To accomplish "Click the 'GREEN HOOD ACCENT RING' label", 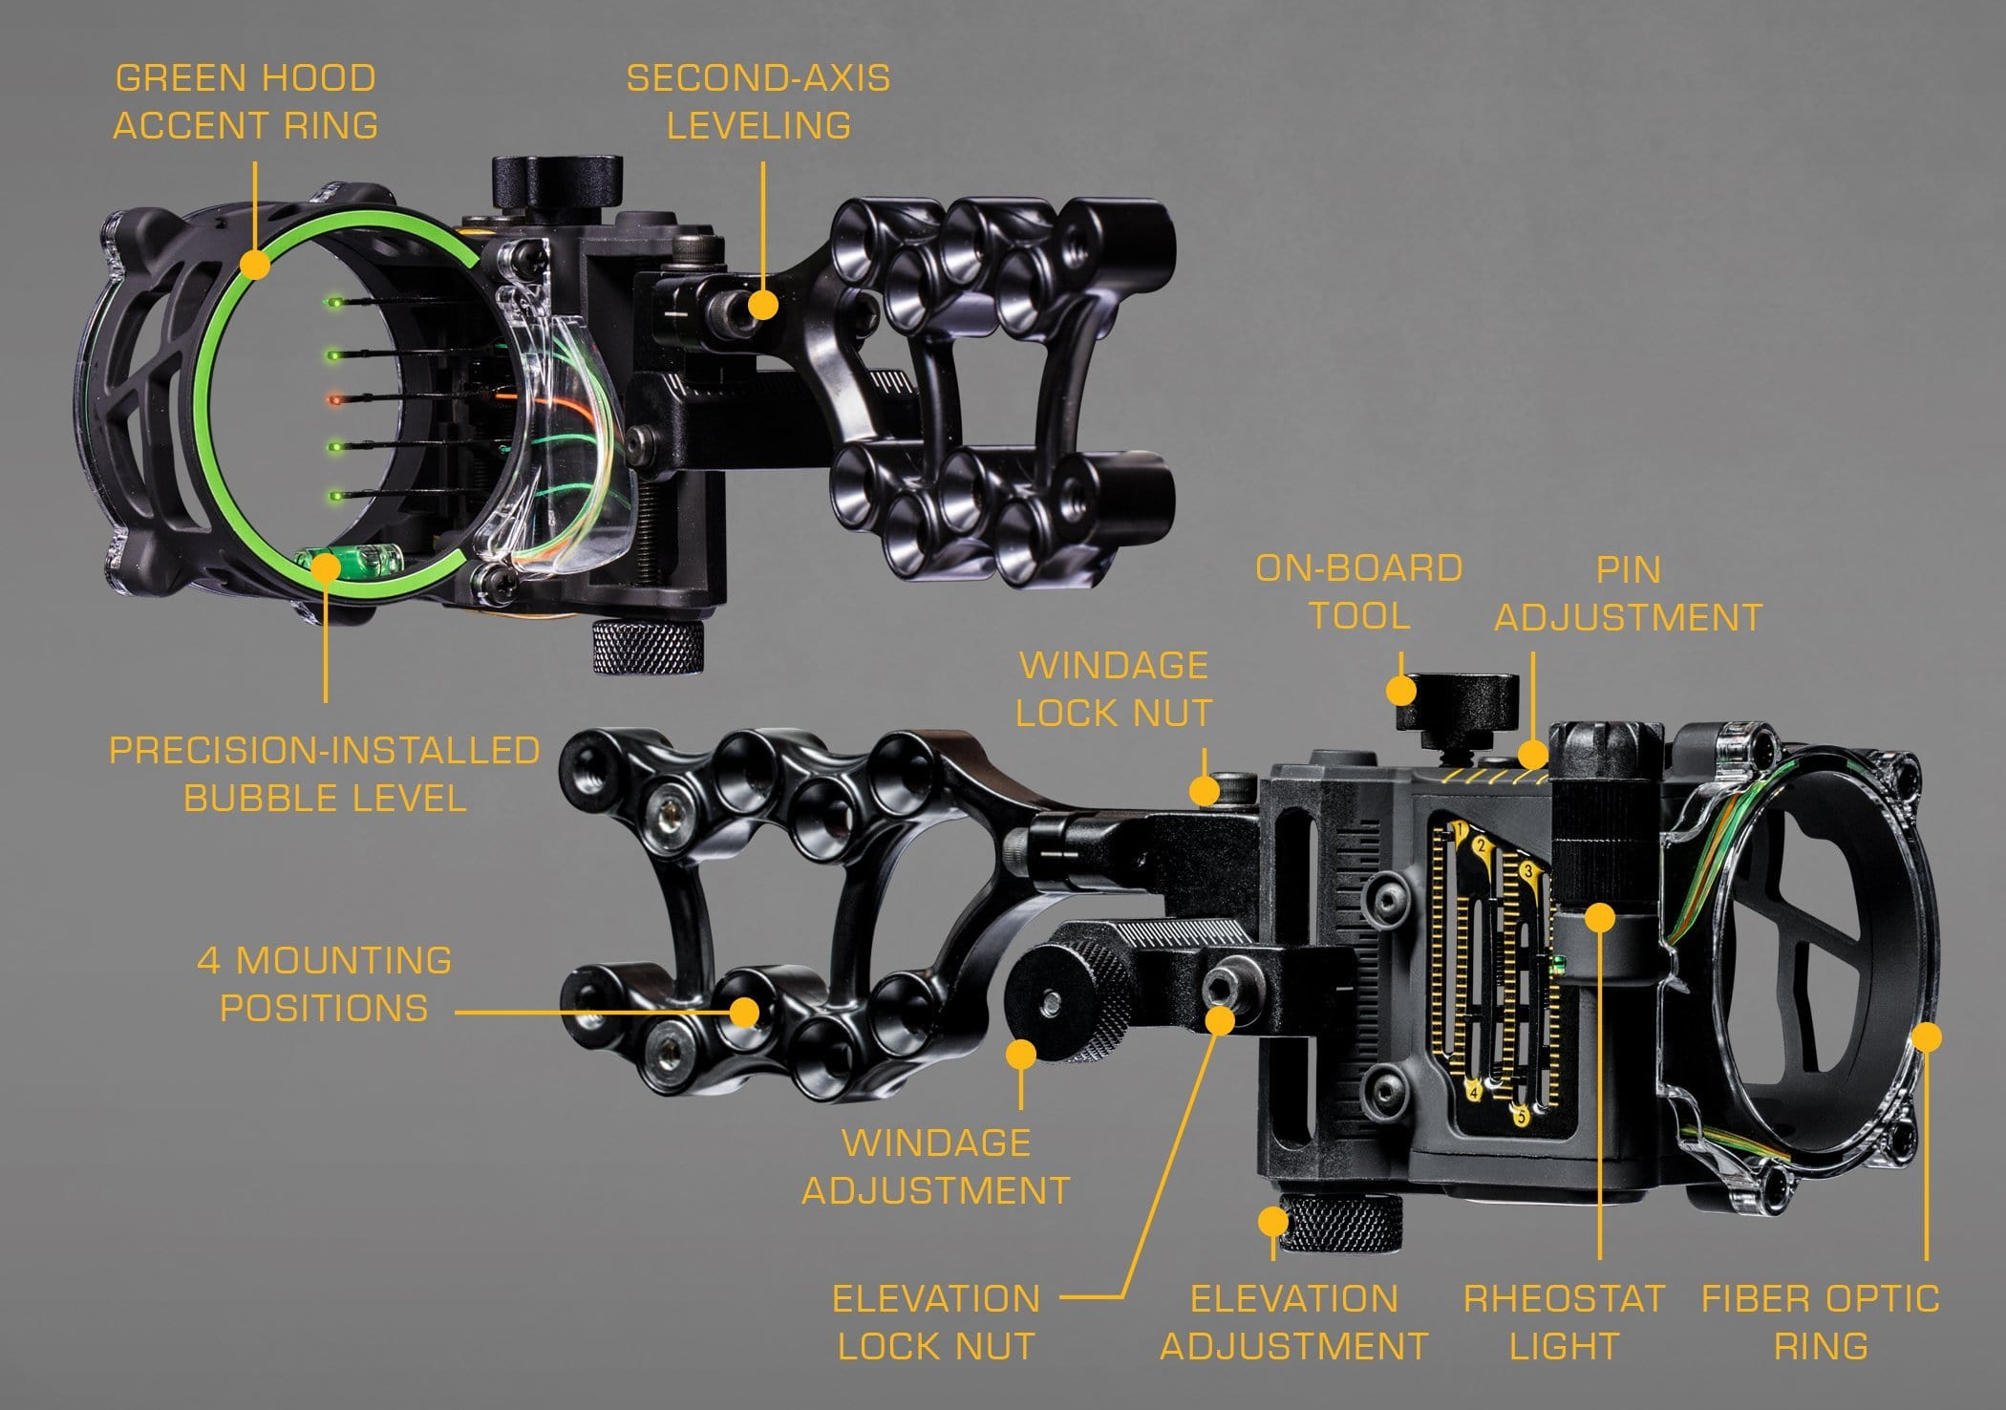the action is click(x=245, y=101).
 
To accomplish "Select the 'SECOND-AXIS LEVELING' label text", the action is click(x=758, y=101).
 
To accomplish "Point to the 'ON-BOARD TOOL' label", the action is click(x=1359, y=591).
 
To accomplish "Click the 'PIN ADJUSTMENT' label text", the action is click(x=1629, y=593).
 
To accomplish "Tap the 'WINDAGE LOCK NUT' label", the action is click(x=1114, y=689).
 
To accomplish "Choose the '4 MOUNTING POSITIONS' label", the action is click(x=325, y=984).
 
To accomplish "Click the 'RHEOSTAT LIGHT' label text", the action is click(x=1565, y=1322).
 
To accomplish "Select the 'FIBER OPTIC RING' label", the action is click(x=1821, y=1322).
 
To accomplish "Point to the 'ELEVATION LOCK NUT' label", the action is click(x=936, y=1322).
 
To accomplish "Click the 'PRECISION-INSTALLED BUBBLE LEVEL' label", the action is click(x=325, y=774).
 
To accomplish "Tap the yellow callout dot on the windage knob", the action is click(x=1022, y=1055).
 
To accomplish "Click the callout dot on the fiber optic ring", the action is click(x=1927, y=1037).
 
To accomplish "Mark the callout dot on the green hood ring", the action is click(x=255, y=264).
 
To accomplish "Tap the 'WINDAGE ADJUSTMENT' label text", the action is click(x=936, y=1166).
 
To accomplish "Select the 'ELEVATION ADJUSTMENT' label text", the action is click(x=1294, y=1322).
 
